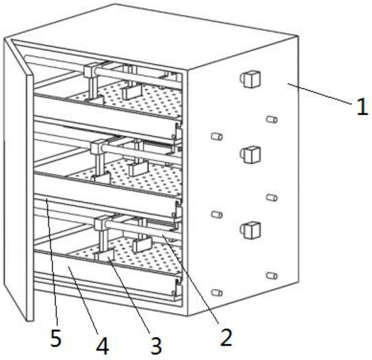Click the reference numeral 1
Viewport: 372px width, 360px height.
click(362, 108)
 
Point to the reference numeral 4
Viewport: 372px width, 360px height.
click(103, 346)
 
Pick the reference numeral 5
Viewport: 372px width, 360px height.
click(55, 339)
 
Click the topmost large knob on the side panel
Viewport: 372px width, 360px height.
click(251, 79)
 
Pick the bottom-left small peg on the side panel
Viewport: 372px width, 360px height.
click(216, 292)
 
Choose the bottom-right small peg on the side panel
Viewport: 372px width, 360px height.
click(271, 275)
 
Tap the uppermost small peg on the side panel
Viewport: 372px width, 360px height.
click(271, 119)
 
